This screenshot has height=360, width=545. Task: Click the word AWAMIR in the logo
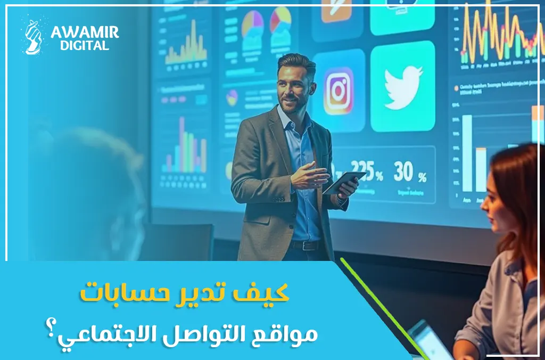click(85, 32)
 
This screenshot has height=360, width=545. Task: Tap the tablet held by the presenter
click(343, 182)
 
